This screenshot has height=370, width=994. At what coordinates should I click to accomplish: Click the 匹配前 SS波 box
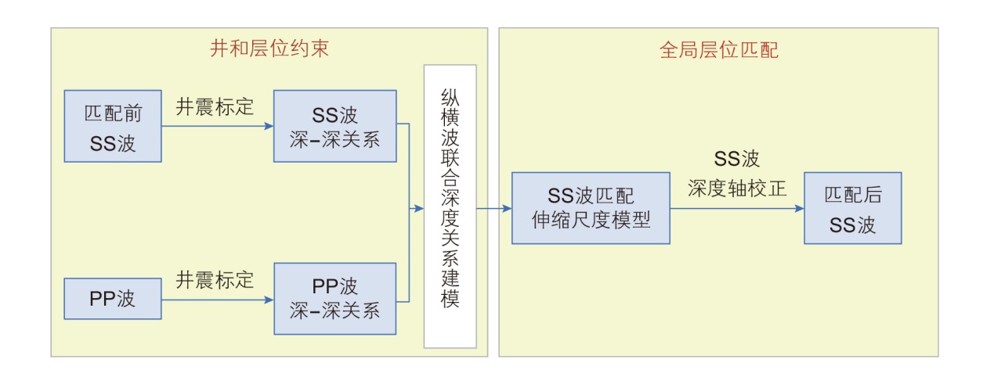coord(113,126)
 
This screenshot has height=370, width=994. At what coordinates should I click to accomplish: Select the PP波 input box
coord(113,299)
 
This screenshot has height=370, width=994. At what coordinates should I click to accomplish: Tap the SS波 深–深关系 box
coord(334,126)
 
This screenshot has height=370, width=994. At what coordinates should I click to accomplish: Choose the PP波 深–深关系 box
coord(334,299)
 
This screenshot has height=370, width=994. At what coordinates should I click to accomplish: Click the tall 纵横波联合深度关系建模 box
coord(450,207)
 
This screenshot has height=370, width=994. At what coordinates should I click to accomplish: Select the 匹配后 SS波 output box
coord(852,208)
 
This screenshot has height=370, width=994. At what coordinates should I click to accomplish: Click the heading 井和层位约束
coord(269,50)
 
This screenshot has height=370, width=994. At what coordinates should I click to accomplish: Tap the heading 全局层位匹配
coord(718,51)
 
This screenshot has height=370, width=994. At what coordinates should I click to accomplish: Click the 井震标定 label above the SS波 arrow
coord(215,107)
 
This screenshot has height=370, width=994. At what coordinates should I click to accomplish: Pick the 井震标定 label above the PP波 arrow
coord(215,279)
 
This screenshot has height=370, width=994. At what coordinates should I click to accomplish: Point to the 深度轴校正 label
coord(736,189)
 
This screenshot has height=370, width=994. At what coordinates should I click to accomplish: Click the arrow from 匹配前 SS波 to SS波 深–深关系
coord(217,125)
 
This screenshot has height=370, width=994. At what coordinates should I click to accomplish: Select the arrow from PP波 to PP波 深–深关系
coord(217,299)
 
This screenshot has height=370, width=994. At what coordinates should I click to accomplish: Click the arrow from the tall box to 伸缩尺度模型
coord(493,209)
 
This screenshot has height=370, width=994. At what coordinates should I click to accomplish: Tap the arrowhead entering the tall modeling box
coord(419,209)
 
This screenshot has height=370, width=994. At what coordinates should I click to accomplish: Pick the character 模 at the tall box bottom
coord(450,300)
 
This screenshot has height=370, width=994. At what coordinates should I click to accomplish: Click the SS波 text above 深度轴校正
coord(736,160)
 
